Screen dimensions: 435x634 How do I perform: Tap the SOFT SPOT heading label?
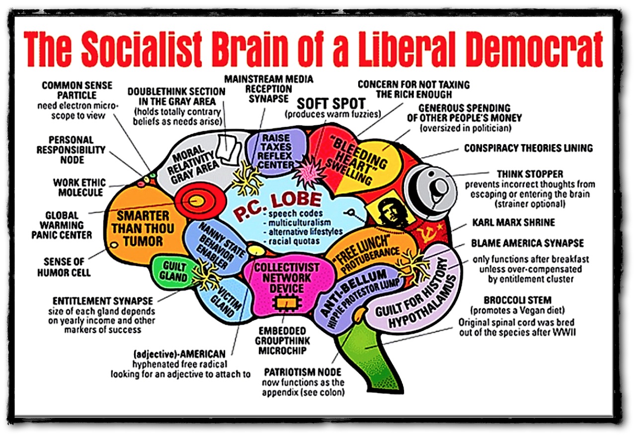pos(331,103)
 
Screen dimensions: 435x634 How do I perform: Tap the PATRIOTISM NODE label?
pos(302,372)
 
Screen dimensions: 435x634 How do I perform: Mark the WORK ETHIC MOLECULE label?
pos(79,187)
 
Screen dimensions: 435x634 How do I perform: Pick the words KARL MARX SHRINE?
pos(520,222)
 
